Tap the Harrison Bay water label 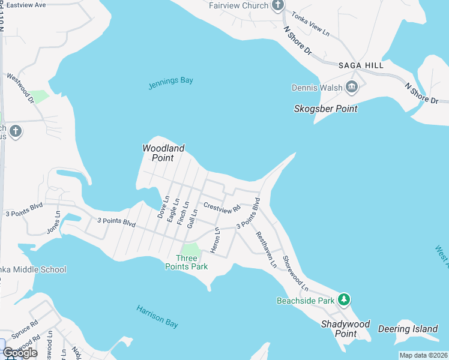coord(157,316)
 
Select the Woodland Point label coord(163,153)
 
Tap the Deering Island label coord(408,329)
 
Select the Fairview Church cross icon coord(277,5)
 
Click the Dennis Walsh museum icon coord(352,88)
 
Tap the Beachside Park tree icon coord(343,299)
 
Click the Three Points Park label coord(187,262)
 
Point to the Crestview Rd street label coord(221,208)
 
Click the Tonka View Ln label coord(310,24)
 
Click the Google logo coord(20,353)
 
